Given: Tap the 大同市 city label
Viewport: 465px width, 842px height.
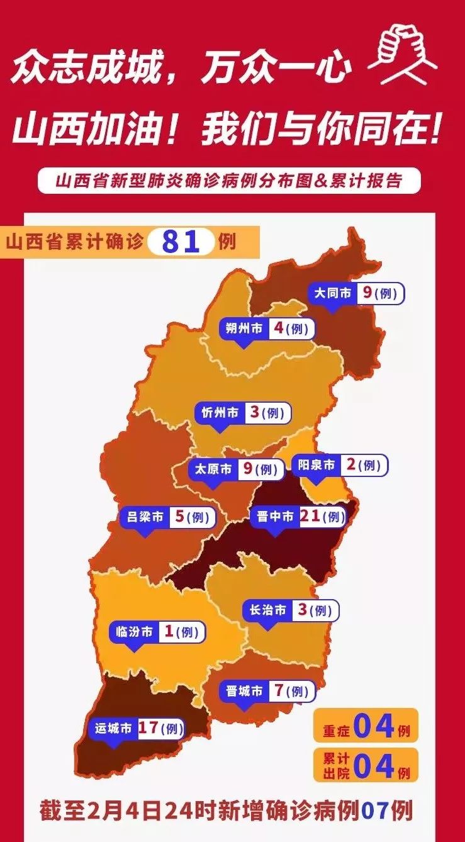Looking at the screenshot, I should click(333, 293).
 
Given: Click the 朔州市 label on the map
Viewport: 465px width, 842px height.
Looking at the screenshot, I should click(244, 328).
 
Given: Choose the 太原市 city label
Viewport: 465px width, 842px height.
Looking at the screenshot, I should click(213, 469).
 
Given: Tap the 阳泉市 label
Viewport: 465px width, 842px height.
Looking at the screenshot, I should click(316, 465).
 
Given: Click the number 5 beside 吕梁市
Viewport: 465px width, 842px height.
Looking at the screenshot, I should click(179, 517).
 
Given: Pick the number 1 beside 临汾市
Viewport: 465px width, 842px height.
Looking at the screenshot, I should click(168, 631).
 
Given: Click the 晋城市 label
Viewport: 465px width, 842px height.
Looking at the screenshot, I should click(244, 691).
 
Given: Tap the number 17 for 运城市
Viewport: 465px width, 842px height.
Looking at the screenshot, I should click(148, 728).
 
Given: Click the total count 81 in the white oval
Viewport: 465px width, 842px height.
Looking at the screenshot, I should click(181, 242).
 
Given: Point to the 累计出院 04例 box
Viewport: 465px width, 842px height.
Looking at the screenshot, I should click(365, 765).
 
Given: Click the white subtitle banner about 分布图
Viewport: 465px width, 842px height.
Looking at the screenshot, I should click(228, 181).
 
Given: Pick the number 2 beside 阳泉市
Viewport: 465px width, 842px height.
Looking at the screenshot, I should click(351, 465).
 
